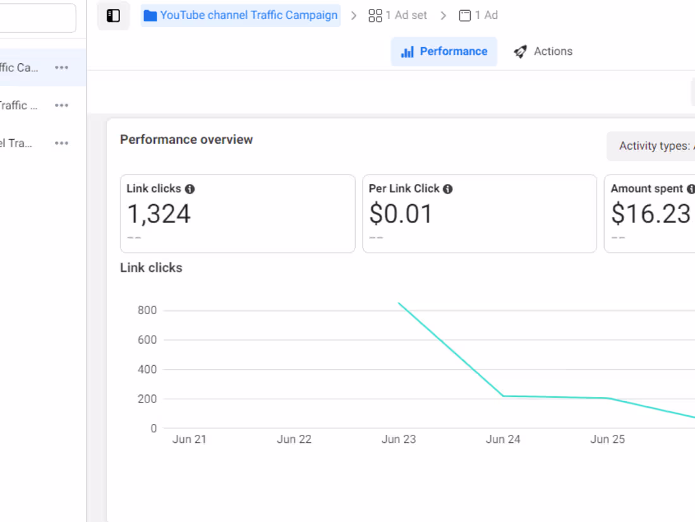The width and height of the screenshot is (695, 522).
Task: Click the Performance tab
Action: tap(444, 52)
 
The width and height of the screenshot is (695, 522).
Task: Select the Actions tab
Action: tap(543, 52)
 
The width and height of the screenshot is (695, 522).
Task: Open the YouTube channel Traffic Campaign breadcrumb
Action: tap(241, 15)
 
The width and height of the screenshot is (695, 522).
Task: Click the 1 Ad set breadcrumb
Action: tap(398, 15)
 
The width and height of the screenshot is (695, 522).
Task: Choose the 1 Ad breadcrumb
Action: tap(478, 15)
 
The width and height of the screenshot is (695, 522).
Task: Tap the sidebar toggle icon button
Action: tap(114, 16)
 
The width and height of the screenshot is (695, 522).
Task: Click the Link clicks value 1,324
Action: tap(159, 214)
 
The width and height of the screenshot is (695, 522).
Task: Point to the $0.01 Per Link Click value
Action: tap(401, 214)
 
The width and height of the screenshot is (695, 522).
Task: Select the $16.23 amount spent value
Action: tap(651, 214)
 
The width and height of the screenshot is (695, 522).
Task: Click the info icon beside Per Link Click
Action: tap(448, 189)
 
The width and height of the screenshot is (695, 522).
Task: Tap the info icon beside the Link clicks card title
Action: tap(190, 189)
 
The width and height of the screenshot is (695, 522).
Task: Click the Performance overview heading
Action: tap(186, 140)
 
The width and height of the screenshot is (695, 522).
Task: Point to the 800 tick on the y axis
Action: tap(147, 310)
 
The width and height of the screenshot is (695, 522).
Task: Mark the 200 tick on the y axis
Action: tap(147, 399)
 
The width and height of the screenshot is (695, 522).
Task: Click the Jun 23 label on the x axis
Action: tap(399, 439)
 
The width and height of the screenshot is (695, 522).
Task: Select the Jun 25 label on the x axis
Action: tap(607, 439)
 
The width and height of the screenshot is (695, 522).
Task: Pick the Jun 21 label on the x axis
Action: tap(190, 439)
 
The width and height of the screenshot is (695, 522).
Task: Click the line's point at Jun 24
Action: tap(504, 396)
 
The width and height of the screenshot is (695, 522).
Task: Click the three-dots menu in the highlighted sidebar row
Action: tap(61, 68)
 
